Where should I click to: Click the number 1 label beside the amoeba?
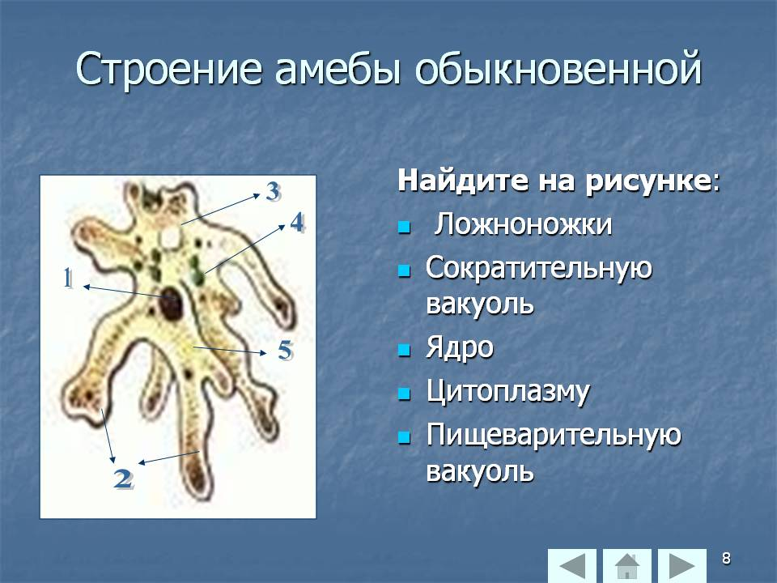click(x=68, y=279)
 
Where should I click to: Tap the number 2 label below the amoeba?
click(x=123, y=479)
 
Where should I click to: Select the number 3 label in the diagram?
click(x=273, y=191)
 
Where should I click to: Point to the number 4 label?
click(x=297, y=223)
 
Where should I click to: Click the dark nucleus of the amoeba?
click(x=170, y=304)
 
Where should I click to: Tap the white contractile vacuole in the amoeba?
click(x=171, y=237)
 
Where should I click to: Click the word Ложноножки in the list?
click(x=524, y=224)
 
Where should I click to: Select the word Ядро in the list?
click(x=460, y=348)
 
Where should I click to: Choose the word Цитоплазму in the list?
click(x=508, y=392)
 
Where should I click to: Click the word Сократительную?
click(x=539, y=269)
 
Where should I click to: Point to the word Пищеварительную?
click(x=554, y=436)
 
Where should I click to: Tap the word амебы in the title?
click(x=337, y=68)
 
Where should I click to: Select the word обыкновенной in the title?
click(x=558, y=68)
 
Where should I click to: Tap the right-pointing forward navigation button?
click(x=681, y=565)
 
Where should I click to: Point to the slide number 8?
click(x=726, y=558)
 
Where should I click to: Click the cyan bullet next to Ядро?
click(x=405, y=351)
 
